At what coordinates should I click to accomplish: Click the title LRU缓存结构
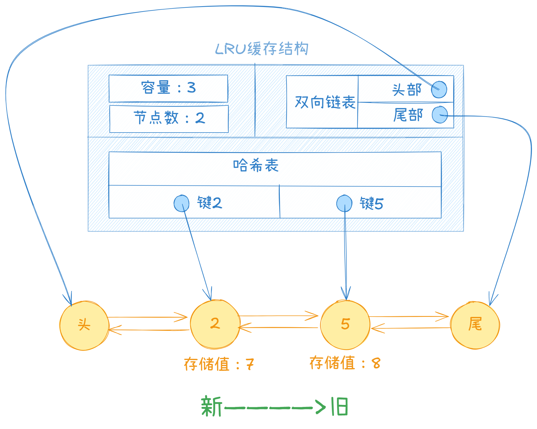(x=262, y=49)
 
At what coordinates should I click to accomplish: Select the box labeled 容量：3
(x=168, y=88)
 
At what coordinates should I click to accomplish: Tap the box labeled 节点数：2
(x=169, y=118)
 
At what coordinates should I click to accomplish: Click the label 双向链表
(x=325, y=102)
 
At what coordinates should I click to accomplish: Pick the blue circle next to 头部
(x=439, y=89)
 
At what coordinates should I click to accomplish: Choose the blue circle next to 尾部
(x=439, y=115)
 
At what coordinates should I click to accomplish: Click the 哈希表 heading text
(x=256, y=165)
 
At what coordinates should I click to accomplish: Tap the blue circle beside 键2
(x=181, y=203)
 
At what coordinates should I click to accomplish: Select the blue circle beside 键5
(x=344, y=203)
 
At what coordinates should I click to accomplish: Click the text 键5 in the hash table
(x=372, y=203)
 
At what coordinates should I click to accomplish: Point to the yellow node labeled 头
(x=84, y=326)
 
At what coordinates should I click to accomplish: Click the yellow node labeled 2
(x=215, y=324)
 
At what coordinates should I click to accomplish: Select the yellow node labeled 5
(x=345, y=325)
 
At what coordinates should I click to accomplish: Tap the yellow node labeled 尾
(x=475, y=325)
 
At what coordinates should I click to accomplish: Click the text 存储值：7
(x=219, y=364)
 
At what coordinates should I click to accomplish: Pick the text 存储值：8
(x=345, y=363)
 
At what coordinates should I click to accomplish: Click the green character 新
(x=212, y=406)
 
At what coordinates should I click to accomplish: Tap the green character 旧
(x=340, y=406)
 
